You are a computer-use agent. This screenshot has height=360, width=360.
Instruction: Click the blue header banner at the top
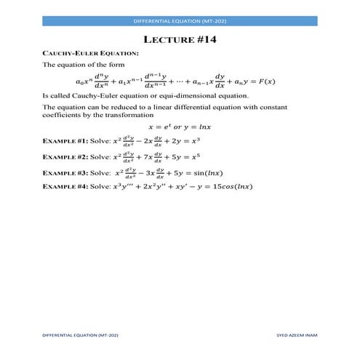tap(180, 22)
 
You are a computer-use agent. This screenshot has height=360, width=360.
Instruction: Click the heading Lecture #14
tap(180, 40)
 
